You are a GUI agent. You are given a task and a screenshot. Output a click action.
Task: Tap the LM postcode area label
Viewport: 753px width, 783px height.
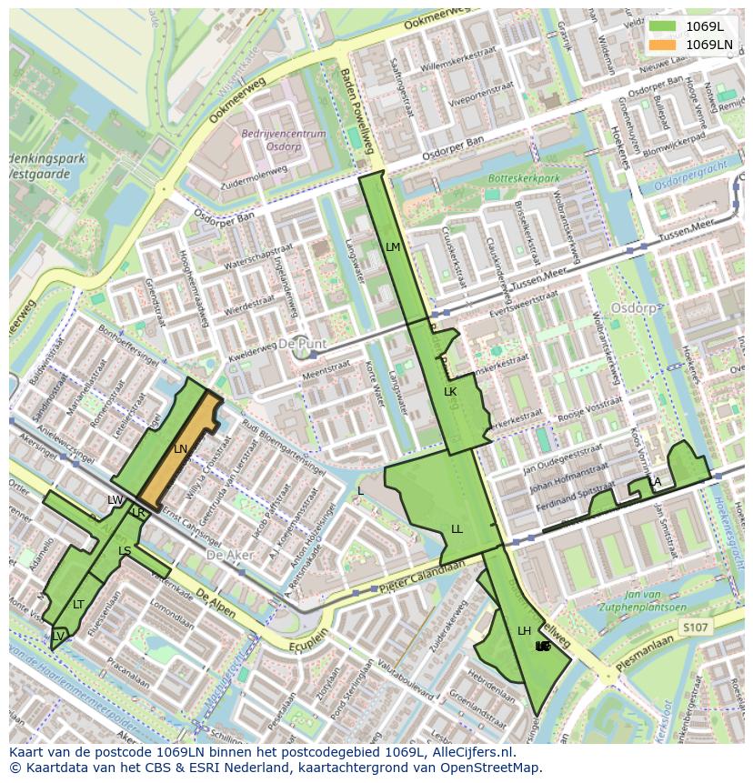393,247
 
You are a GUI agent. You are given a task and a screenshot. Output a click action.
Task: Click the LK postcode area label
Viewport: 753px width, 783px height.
450,392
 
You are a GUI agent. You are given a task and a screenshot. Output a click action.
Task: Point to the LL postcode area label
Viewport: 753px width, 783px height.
457,529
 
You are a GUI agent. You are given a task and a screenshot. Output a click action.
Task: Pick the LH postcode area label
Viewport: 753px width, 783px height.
525,631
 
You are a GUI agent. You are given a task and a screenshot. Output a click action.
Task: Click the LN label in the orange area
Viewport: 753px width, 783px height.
181,449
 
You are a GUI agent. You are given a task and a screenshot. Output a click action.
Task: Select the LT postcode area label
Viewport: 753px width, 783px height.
79,605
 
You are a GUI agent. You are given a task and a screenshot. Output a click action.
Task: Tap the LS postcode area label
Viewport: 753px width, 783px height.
125,551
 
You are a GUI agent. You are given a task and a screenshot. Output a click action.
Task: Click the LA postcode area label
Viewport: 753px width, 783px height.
655,482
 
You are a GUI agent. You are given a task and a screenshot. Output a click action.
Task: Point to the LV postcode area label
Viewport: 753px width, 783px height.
58,636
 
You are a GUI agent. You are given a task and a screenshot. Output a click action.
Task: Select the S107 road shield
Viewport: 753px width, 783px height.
695,627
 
